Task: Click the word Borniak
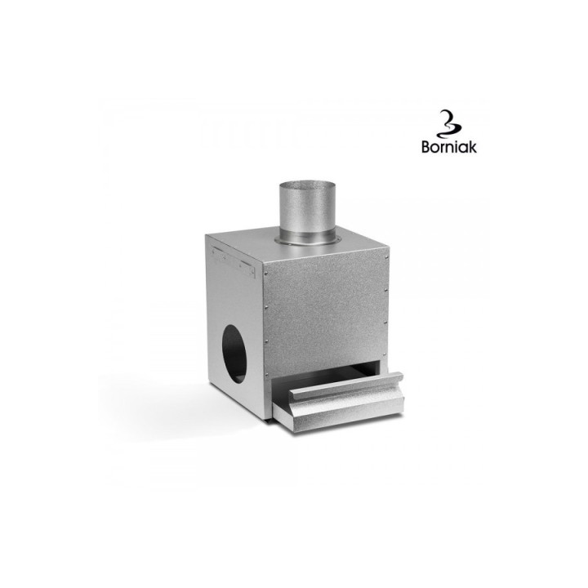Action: tap(449, 147)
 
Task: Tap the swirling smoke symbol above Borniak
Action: tap(449, 124)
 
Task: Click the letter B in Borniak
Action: tap(426, 147)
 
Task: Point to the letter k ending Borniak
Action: tap(473, 147)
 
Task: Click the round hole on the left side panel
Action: tap(234, 354)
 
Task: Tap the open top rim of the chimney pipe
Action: tap(307, 185)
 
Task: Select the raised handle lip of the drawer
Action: tap(346, 385)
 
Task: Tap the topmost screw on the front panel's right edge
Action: tap(386, 257)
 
